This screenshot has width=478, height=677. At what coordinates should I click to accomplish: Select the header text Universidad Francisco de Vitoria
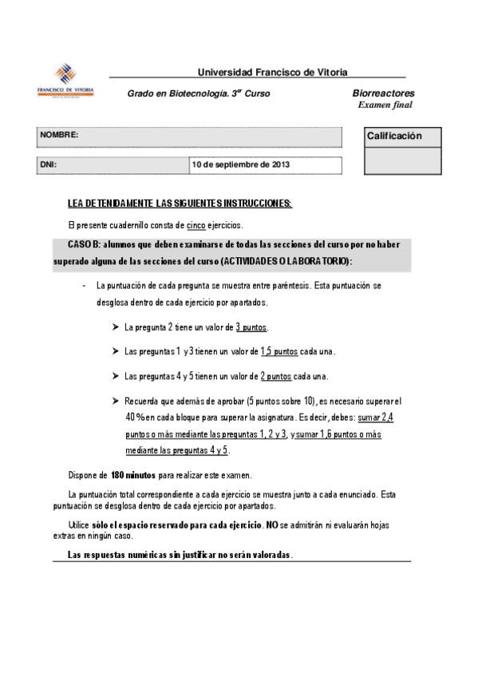click(272, 72)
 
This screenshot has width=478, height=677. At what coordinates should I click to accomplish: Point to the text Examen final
click(385, 105)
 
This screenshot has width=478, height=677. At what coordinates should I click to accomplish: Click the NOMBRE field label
click(59, 136)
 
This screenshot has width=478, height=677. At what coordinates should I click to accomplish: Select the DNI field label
click(48, 165)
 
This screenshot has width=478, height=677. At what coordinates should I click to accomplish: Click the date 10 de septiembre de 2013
click(240, 165)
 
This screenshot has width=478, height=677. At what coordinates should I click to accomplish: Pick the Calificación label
click(394, 137)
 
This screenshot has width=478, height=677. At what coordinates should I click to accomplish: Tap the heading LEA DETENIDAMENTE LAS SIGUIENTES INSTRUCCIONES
click(180, 204)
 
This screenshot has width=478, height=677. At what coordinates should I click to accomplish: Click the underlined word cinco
click(196, 226)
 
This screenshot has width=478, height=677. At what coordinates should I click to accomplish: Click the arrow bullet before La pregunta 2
click(116, 327)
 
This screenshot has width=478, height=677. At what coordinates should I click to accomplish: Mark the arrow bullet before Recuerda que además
click(116, 401)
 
